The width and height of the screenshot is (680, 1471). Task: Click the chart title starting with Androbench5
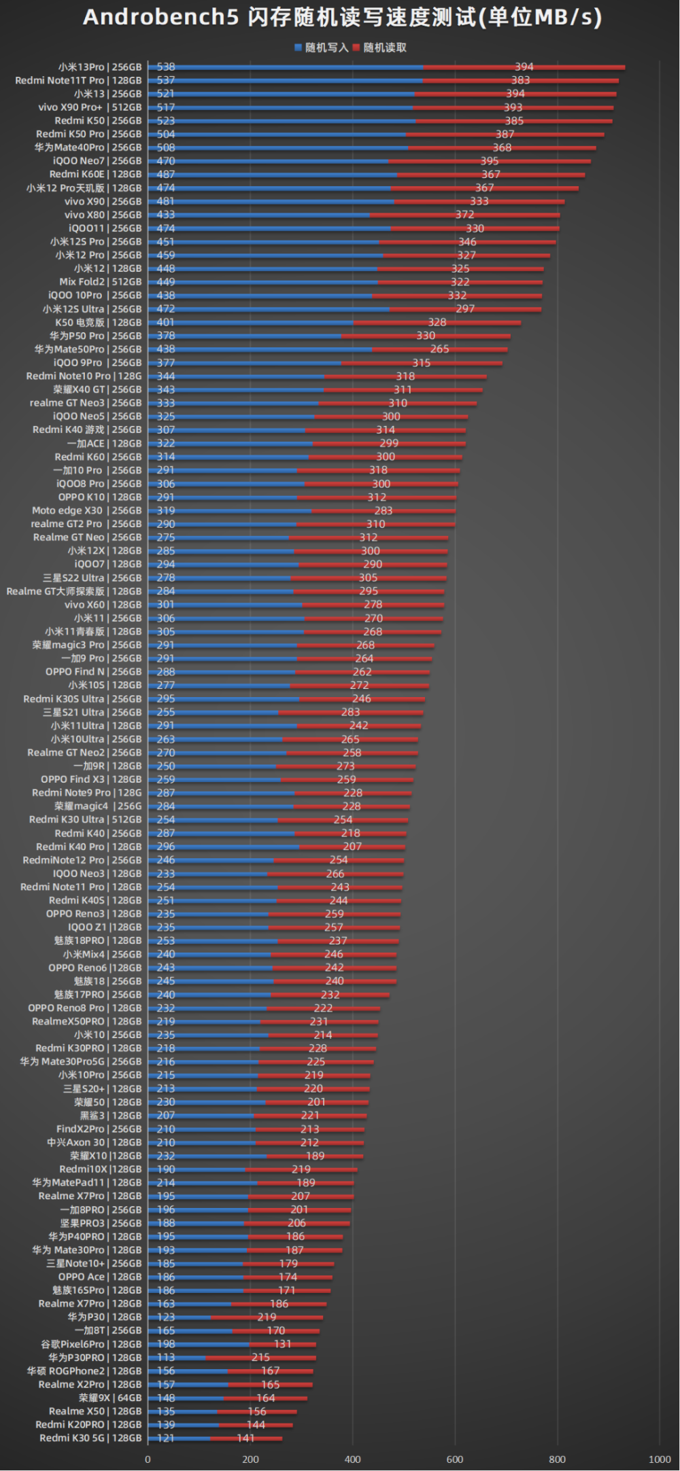(x=342, y=18)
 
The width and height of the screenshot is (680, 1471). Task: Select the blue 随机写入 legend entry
(x=321, y=48)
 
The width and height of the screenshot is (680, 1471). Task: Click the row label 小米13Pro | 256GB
(x=100, y=67)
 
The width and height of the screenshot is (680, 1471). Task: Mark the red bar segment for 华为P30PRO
(x=260, y=1358)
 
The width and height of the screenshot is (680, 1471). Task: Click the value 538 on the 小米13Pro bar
(x=166, y=67)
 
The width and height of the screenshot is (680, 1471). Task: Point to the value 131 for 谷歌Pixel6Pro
(x=283, y=1344)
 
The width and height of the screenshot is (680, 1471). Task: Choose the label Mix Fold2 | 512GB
(x=101, y=282)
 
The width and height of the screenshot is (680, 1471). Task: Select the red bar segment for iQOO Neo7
(x=490, y=161)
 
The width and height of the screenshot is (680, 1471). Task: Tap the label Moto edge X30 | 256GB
(x=87, y=511)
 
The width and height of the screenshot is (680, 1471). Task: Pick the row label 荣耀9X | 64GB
(x=110, y=1398)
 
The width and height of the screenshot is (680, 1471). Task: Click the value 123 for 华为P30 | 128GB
(x=166, y=1317)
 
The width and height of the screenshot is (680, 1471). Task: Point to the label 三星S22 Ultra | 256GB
(x=92, y=578)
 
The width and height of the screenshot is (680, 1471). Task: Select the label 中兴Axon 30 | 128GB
(x=95, y=1143)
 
